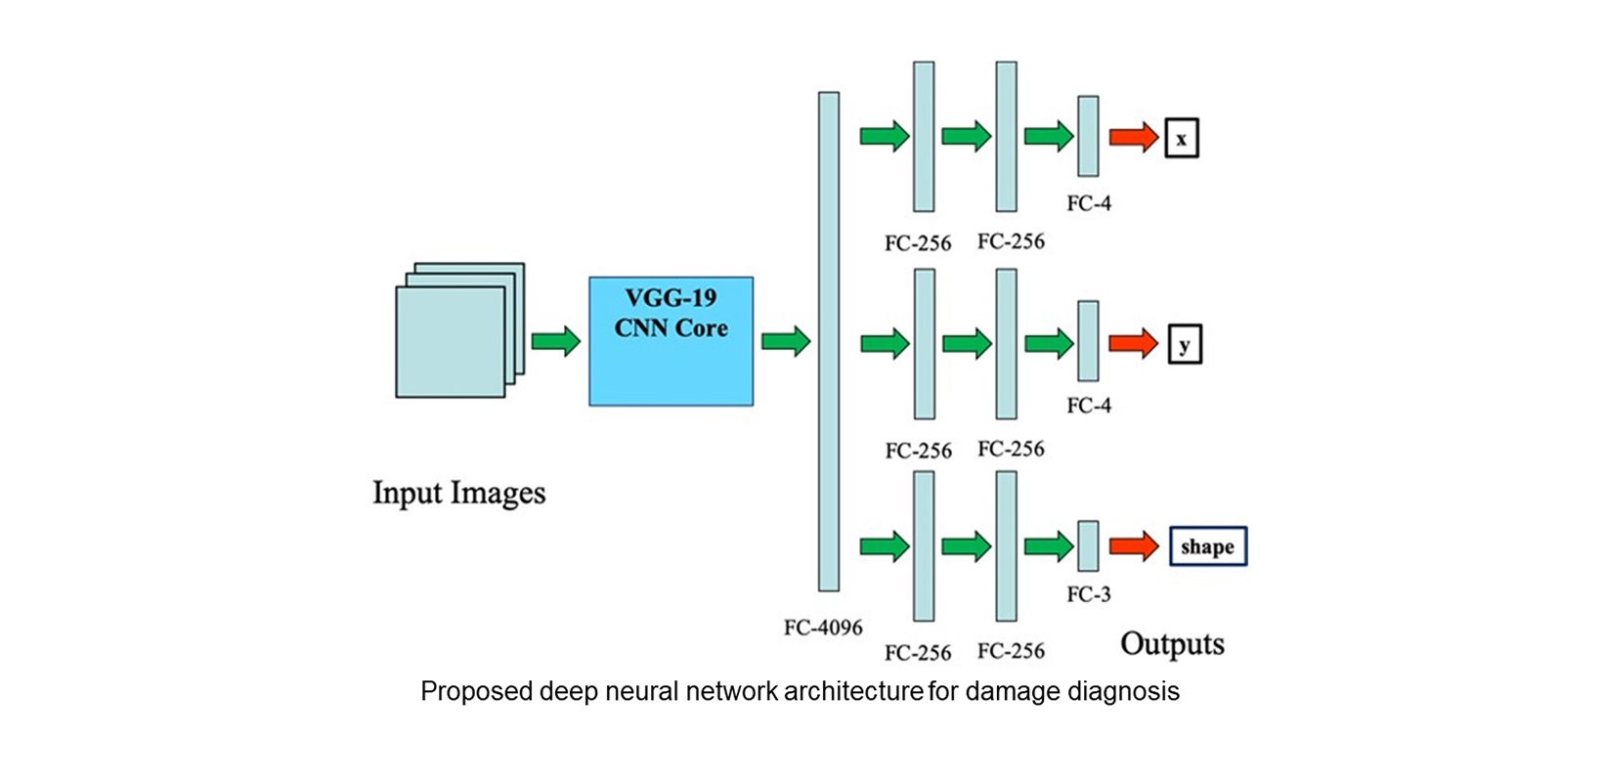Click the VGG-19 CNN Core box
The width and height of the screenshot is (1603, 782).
click(671, 341)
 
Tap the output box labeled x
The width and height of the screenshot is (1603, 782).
click(1181, 138)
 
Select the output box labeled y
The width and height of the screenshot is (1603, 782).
click(1185, 344)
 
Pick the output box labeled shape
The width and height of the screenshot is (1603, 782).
click(1208, 546)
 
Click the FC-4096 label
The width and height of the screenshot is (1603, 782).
click(823, 628)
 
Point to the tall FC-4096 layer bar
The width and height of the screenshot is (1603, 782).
click(829, 341)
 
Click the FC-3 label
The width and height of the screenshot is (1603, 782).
click(1089, 594)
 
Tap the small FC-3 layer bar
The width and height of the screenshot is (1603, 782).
click(1088, 545)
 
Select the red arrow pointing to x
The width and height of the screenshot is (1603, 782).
click(1133, 137)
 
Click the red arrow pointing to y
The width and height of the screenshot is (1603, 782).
click(1133, 343)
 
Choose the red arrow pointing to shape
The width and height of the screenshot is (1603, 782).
click(1134, 545)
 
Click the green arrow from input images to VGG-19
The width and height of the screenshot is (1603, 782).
click(556, 341)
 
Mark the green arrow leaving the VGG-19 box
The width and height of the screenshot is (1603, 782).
click(786, 341)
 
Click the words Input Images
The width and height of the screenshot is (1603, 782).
click(458, 493)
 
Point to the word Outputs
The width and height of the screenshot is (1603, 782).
click(1172, 644)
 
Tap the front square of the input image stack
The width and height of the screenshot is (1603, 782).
click(450, 342)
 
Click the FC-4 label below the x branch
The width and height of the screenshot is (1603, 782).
click(1089, 203)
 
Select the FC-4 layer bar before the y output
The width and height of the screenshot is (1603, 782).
click(1088, 341)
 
